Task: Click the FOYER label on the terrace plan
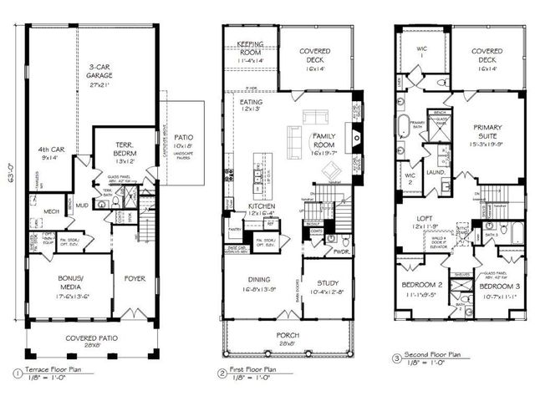coord(135,280)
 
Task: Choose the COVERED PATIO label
coord(90,340)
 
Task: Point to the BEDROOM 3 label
coord(499,289)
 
